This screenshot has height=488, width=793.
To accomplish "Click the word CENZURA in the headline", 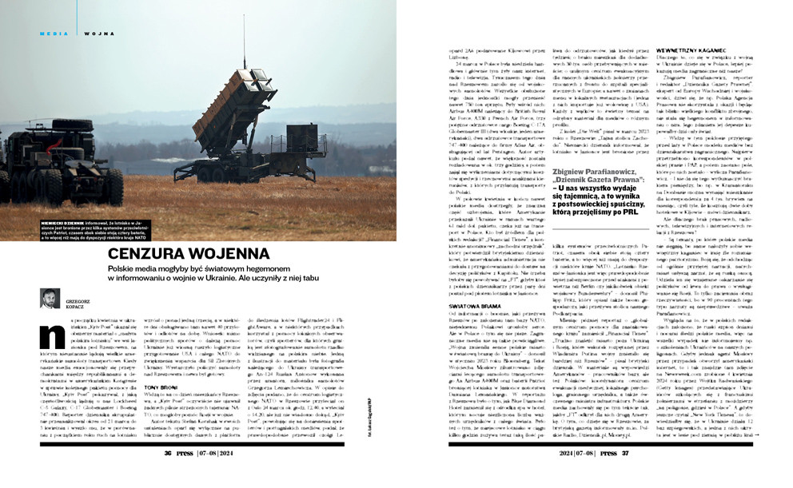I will pos(153,255).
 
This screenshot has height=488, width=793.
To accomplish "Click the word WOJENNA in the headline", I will pos(240,255).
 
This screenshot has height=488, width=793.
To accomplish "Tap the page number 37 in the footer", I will pos(625,475).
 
